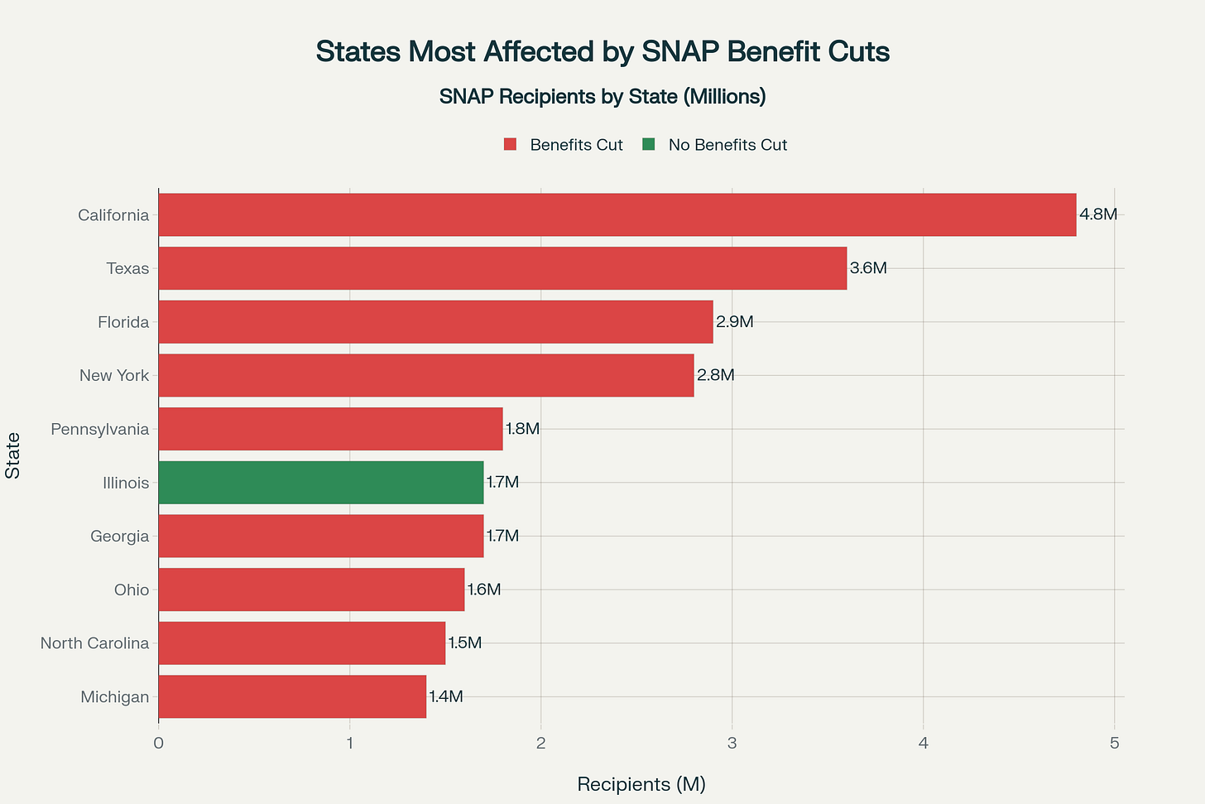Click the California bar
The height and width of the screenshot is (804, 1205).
[617, 215]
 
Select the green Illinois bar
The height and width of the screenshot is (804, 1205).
[320, 483]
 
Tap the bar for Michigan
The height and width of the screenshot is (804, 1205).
[291, 696]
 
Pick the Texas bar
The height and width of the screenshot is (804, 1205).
[502, 268]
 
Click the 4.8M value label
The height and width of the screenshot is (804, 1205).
[1098, 214]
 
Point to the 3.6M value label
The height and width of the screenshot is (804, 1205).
[868, 268]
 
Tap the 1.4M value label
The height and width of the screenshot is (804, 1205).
[446, 696]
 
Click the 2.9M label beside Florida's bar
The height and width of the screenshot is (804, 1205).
[735, 322]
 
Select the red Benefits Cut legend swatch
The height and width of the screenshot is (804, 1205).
[510, 145]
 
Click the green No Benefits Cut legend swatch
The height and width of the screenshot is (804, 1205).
[649, 145]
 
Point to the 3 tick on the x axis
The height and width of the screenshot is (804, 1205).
[732, 743]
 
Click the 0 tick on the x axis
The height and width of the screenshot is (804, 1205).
[158, 743]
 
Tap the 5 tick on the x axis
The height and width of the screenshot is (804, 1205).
[1114, 743]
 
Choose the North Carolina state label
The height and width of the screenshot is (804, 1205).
[94, 643]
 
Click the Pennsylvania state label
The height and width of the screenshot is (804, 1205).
[99, 429]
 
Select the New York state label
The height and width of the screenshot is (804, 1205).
[114, 376]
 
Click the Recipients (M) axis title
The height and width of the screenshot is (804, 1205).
[641, 784]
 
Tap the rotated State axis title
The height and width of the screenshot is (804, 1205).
[13, 455]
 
